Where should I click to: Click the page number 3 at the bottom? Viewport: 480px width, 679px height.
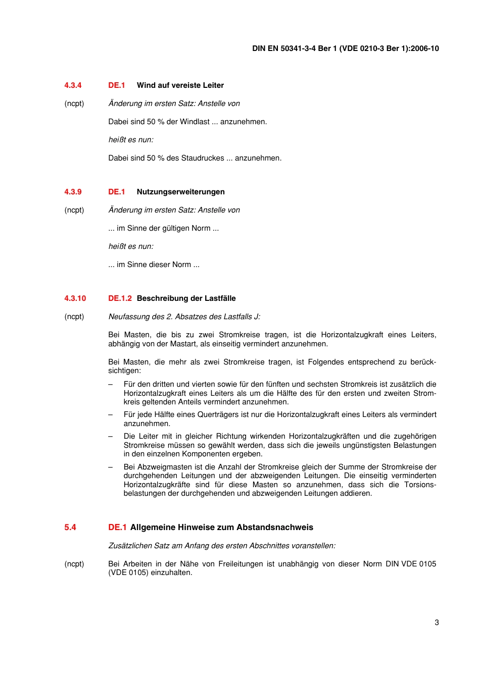coord(437,622)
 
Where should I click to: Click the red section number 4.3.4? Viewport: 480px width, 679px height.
coord(73,85)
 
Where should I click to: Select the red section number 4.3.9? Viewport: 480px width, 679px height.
coord(73,192)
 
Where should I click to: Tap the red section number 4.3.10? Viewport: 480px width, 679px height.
coord(75,298)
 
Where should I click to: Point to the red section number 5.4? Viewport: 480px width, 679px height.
coord(70,528)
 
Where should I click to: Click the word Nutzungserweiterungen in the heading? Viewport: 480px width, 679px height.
coord(180,192)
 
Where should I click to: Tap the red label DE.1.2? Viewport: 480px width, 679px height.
coord(120,298)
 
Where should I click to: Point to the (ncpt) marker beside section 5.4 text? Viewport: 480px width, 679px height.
coord(74,564)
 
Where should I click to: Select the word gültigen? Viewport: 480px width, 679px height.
coord(177,228)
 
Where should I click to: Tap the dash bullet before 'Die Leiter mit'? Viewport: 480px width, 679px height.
coord(111,436)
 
